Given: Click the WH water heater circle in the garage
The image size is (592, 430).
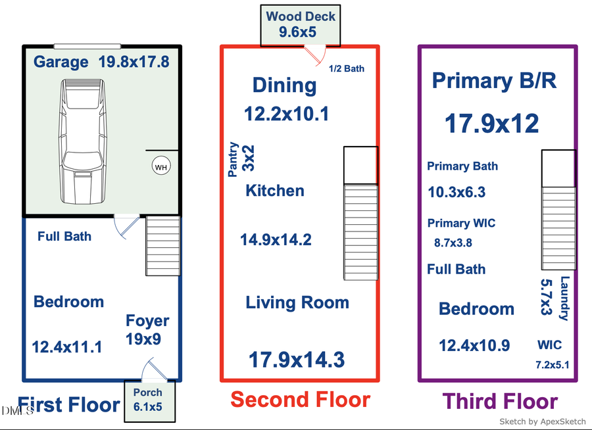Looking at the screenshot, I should [161, 167].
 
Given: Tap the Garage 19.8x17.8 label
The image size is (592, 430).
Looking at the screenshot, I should [102, 62].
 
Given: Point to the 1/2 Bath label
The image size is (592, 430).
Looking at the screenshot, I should [346, 68].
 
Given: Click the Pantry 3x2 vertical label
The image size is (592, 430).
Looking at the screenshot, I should [241, 160].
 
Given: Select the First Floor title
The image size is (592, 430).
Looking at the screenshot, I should [68, 404].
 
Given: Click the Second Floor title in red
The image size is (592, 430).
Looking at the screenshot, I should [300, 399].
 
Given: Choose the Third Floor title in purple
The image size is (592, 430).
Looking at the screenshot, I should [500, 401].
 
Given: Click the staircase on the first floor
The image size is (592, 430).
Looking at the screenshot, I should [162, 245].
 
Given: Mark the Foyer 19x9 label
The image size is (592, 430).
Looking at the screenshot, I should [147, 329].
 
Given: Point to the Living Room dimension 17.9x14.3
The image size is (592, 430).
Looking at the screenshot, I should [296, 360].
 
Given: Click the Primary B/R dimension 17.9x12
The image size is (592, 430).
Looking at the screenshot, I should [492, 124].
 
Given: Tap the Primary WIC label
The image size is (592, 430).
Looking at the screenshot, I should [461, 224].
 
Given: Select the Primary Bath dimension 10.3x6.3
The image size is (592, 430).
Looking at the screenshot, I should [456, 192].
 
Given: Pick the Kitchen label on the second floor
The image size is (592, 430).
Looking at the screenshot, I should [275, 191].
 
